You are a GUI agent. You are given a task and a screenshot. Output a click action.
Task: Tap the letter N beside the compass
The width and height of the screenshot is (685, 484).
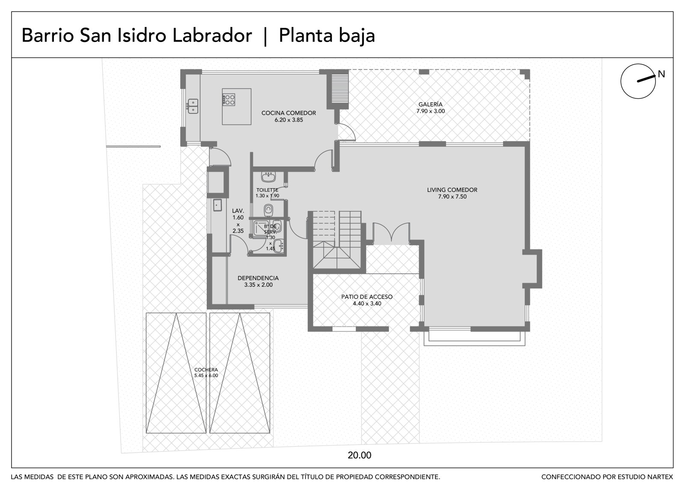(x=661, y=74)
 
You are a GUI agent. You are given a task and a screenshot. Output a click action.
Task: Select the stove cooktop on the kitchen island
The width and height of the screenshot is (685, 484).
(x=229, y=100)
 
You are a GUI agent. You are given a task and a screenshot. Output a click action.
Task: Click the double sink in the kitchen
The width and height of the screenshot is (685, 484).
(x=193, y=106)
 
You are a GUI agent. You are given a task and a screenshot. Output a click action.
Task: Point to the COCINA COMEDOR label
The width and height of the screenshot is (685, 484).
(x=289, y=113)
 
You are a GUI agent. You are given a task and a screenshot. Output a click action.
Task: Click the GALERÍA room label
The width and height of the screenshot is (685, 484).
(x=430, y=104)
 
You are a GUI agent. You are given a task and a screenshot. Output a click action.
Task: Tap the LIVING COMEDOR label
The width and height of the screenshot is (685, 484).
(x=452, y=190)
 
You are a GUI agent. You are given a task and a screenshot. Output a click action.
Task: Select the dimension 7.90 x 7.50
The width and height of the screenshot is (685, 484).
(x=452, y=196)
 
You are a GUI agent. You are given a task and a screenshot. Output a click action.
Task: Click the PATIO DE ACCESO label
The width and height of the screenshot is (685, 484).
(x=367, y=297)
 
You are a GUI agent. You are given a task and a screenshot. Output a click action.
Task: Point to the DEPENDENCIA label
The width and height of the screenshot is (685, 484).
(x=258, y=278)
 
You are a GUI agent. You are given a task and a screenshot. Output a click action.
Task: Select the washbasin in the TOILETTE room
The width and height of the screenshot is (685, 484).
(x=268, y=177)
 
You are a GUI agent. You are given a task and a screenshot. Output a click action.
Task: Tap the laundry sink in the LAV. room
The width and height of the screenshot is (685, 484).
(x=217, y=205)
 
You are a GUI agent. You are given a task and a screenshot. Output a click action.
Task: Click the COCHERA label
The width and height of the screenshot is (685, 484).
(x=206, y=370)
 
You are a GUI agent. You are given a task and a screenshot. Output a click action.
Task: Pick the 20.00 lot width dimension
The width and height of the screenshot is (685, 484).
(x=359, y=455)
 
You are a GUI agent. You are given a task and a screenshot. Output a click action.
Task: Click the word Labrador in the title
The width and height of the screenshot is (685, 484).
(x=212, y=36)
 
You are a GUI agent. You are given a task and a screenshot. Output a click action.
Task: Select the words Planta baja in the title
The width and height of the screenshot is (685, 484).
(x=327, y=36)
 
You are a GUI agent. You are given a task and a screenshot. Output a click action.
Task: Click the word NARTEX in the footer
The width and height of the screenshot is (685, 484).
(x=661, y=477)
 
